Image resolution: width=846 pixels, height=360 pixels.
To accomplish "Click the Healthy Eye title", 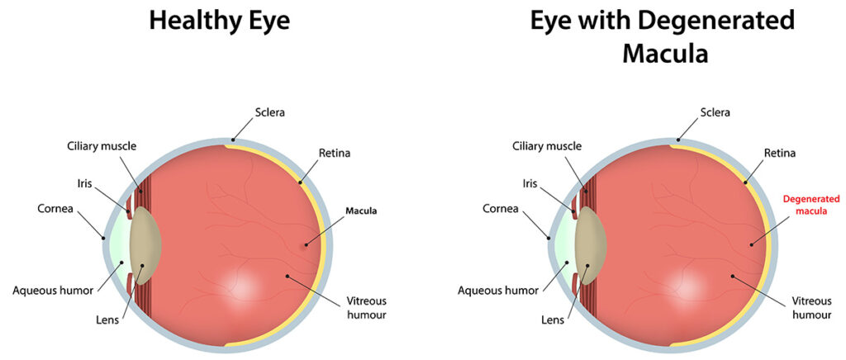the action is point(220,21).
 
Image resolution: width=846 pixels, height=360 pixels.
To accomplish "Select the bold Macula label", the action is point(361,211).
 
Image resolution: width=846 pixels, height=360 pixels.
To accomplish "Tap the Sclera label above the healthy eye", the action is point(270,113).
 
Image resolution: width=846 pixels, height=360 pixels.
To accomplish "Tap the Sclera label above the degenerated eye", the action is point(715,113).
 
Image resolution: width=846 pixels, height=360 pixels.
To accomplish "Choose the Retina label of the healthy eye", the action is point(335,153).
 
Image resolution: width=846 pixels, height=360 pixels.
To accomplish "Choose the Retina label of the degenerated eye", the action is point(780,153).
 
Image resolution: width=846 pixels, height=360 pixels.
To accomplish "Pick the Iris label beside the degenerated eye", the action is point(530,183).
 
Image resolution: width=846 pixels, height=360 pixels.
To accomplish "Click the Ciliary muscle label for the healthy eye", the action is point(102,145).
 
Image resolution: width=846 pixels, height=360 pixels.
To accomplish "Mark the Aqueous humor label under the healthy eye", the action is point(53,291).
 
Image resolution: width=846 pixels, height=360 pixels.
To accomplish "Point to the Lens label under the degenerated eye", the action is point(553,320).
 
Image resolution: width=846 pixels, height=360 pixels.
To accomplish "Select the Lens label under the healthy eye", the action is point(107,320).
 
